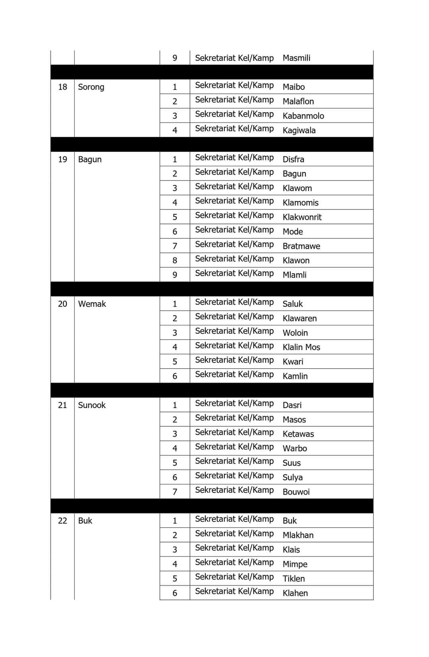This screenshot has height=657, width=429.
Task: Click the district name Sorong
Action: [x=91, y=87]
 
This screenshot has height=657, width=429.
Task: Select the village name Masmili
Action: [x=296, y=58]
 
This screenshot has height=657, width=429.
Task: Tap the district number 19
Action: [x=62, y=159]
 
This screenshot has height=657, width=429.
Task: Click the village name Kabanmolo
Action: [x=303, y=116]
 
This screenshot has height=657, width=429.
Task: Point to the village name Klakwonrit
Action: [x=302, y=217]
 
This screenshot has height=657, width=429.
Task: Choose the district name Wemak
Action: [x=92, y=304]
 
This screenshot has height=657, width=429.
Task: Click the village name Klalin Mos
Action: [x=301, y=347]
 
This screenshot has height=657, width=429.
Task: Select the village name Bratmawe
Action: [x=301, y=246]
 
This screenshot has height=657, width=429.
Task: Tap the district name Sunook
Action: [x=92, y=405]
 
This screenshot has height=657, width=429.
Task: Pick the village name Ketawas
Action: [x=298, y=434]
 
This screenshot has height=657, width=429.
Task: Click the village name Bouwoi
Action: [x=296, y=492]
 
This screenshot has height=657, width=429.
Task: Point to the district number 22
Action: [x=62, y=521]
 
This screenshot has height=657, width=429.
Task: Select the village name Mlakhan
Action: [x=298, y=535]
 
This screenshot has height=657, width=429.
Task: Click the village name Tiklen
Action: [x=294, y=579]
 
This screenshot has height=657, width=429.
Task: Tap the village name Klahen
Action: [x=295, y=593]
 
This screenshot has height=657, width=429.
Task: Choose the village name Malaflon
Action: [x=298, y=101]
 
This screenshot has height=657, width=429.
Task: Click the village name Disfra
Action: [x=293, y=159]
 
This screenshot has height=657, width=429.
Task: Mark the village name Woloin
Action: [x=295, y=333]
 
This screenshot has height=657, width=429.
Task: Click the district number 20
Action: [x=62, y=304]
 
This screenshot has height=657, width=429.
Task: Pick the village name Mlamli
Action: [x=294, y=275]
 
